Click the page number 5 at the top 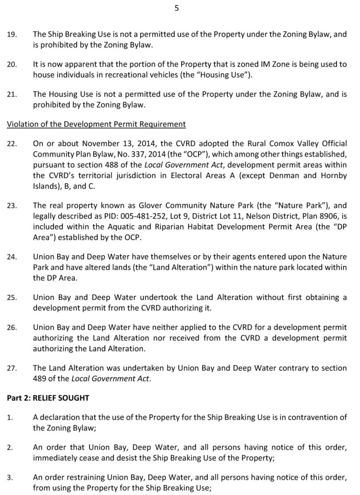(176, 8)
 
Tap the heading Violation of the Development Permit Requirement (96, 124)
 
